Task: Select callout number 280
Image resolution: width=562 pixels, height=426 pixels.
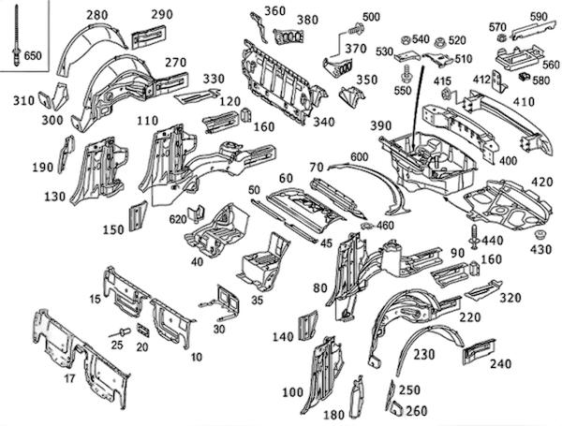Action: click(97, 16)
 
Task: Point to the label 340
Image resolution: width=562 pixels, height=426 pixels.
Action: click(323, 121)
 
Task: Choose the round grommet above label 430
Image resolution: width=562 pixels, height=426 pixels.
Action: click(541, 231)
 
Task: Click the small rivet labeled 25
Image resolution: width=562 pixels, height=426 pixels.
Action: click(123, 332)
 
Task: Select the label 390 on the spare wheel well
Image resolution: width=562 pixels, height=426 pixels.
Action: click(381, 125)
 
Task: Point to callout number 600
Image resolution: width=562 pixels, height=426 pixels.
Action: click(360, 156)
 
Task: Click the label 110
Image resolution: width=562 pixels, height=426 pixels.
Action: click(147, 122)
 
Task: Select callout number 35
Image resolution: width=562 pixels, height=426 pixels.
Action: click(257, 301)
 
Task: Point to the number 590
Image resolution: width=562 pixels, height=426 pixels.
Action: click(539, 17)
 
